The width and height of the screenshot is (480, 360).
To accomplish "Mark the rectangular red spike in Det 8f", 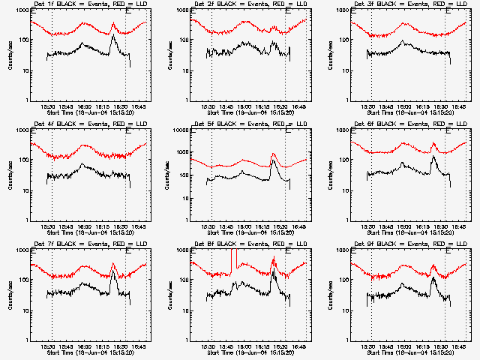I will tap(232, 259).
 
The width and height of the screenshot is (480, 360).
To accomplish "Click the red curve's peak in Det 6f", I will tap(434, 143).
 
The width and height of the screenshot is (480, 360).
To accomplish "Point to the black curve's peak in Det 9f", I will tap(433, 278).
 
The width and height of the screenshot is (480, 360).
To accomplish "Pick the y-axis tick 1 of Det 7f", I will tap(28, 340).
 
